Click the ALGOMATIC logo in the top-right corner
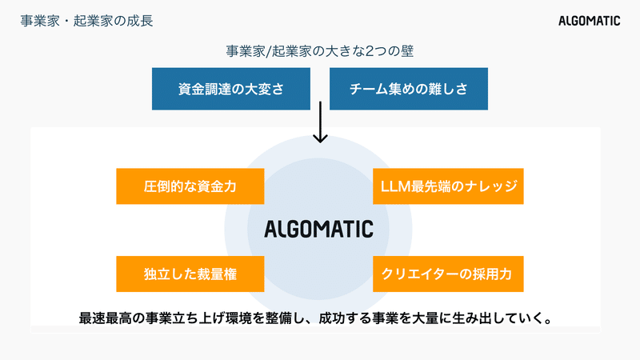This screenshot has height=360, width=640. point(589,21)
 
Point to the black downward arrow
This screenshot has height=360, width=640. point(320,122)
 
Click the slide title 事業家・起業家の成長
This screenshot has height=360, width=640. point(86,21)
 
